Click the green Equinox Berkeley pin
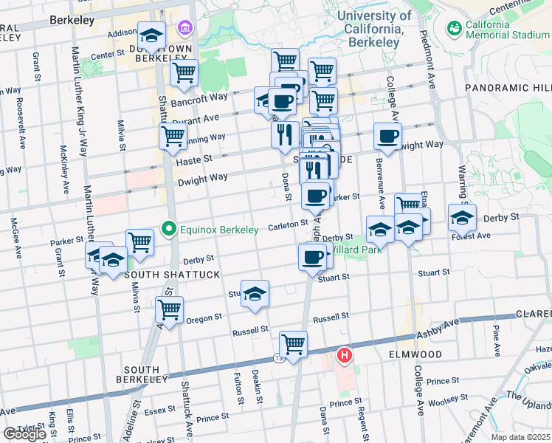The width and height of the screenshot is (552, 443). (x=169, y=230)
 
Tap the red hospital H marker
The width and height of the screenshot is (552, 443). (x=344, y=356)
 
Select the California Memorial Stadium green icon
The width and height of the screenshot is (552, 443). (x=454, y=29)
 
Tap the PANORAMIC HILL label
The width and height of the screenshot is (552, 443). (x=508, y=88)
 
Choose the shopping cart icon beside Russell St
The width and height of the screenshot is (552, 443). (x=293, y=343)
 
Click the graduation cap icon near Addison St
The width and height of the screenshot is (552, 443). (x=151, y=35)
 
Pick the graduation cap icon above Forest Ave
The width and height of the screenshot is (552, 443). (x=462, y=219)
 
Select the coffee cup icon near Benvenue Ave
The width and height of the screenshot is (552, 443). (x=387, y=135)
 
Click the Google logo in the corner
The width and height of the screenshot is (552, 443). (x=24, y=434)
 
